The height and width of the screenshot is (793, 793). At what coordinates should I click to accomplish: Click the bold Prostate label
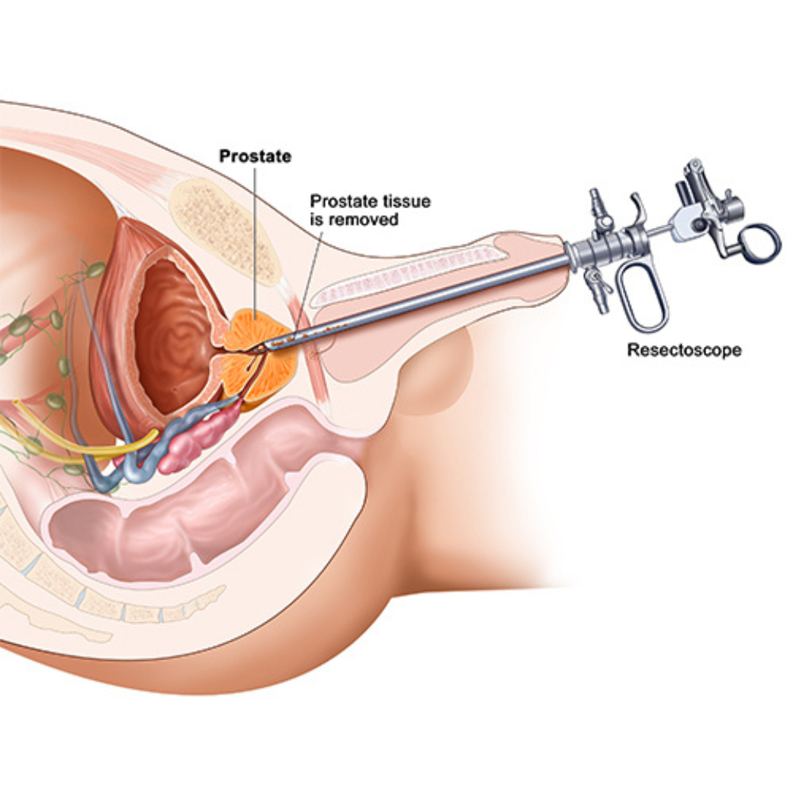tap(255, 156)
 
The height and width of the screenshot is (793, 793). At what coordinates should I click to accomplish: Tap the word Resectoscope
tap(684, 351)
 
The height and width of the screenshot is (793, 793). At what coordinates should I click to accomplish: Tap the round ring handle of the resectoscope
tap(759, 242)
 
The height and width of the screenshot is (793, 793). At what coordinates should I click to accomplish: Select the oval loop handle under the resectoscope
tap(644, 297)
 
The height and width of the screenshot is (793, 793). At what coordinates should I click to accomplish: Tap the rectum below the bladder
tap(191, 526)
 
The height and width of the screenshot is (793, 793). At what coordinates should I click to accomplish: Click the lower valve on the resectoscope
tap(596, 290)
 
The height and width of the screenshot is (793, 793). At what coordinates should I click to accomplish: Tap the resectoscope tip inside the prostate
tap(267, 347)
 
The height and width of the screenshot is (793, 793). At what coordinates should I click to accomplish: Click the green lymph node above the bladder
tap(95, 269)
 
